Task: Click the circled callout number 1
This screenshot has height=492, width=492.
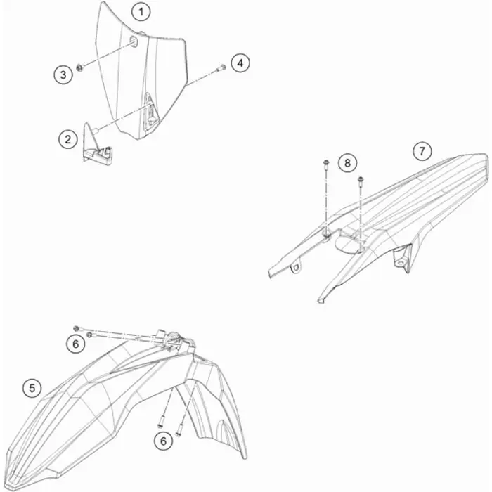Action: click(141, 12)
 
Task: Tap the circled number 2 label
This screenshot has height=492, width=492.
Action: click(68, 139)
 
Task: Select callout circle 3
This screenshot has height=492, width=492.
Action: click(63, 75)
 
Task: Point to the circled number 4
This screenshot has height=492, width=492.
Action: click(240, 63)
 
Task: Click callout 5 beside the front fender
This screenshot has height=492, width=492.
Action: click(32, 388)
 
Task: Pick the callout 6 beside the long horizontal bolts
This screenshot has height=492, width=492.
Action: click(76, 344)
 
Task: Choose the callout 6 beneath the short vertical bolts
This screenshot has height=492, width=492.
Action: click(163, 441)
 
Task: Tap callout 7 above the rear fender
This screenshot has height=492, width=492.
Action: click(422, 151)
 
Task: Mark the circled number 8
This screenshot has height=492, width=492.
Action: click(347, 163)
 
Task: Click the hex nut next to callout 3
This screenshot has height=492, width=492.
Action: click(79, 67)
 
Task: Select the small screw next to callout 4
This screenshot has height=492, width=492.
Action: click(221, 67)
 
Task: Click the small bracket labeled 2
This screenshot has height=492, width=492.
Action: click(97, 144)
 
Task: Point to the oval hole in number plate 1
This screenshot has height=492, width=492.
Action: click(134, 41)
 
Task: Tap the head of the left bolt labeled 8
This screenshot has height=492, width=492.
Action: click(326, 162)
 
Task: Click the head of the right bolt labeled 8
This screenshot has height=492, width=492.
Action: click(361, 179)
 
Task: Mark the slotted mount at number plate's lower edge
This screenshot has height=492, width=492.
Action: click(150, 110)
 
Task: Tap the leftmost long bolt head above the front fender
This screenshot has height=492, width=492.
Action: click(76, 328)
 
